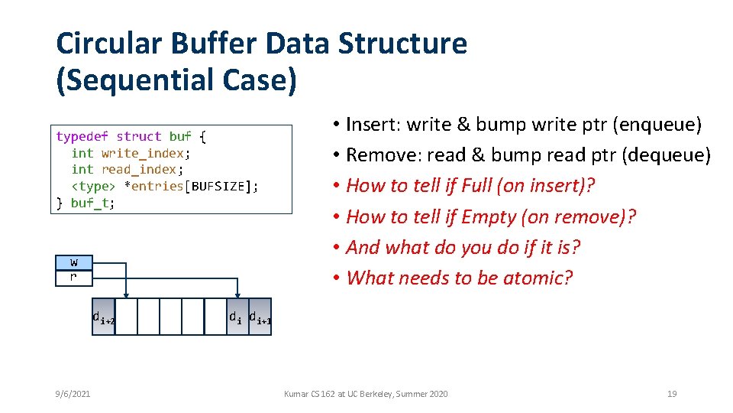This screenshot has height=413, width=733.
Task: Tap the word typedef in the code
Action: tap(82, 137)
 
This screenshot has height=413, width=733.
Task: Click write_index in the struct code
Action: tap(142, 153)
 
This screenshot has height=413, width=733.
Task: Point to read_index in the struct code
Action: tap(138, 169)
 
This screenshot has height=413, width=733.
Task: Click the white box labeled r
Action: tap(73, 277)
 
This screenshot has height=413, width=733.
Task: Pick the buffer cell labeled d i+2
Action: tap(104, 317)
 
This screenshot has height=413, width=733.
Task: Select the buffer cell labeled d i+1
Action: tap(260, 317)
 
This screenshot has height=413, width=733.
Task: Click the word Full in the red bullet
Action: tap(483, 186)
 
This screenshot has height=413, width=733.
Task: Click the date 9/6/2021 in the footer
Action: tap(73, 394)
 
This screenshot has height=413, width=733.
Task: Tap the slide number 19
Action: tap(672, 394)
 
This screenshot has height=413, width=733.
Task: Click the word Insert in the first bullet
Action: tap(373, 125)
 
